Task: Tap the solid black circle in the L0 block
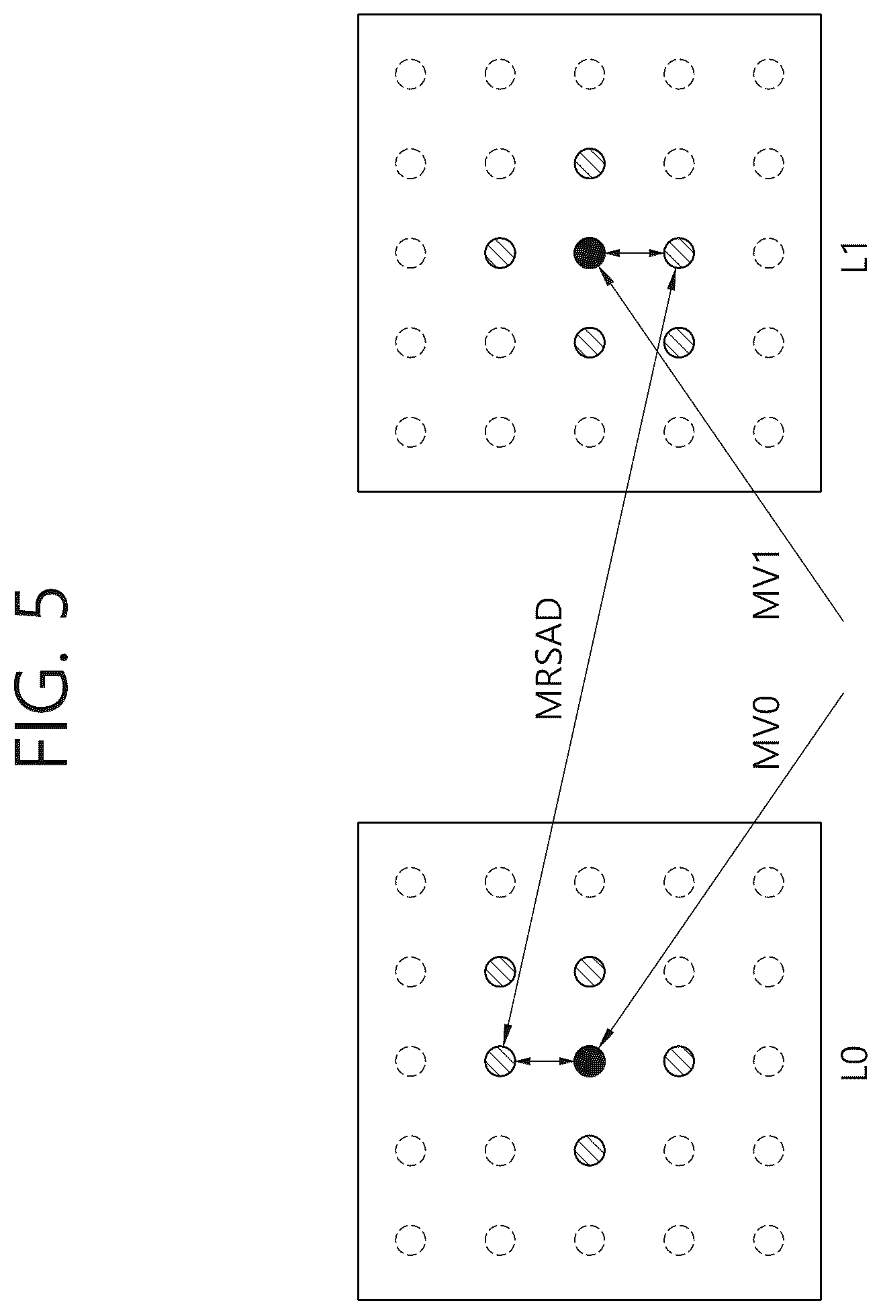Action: pos(589,1061)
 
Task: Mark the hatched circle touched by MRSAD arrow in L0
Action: pos(500,1061)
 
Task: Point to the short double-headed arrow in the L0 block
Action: pos(545,1061)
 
